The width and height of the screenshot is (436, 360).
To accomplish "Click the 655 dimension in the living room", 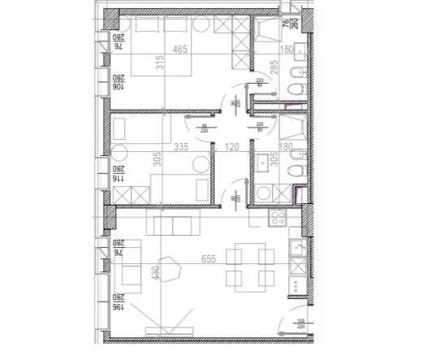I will click(211, 259).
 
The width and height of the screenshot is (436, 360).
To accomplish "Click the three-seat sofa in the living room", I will click(172, 223).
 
